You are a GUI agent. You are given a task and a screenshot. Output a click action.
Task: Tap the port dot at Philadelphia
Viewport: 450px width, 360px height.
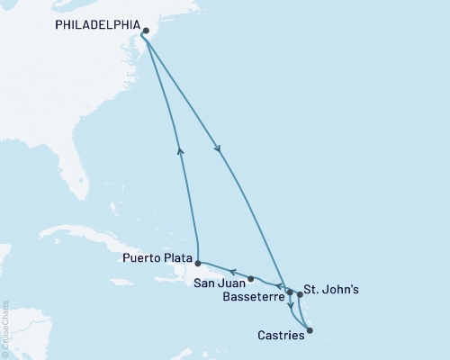point(145,30)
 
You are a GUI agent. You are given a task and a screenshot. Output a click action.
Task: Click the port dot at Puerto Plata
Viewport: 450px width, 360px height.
point(196,262)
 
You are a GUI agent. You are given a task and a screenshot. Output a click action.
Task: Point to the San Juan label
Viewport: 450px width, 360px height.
point(217,283)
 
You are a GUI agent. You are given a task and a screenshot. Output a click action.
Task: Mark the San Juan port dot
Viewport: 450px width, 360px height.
point(251,278)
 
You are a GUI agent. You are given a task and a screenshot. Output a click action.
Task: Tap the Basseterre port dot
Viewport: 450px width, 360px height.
point(289,291)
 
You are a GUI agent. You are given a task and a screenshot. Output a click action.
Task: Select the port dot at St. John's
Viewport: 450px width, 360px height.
point(300,294)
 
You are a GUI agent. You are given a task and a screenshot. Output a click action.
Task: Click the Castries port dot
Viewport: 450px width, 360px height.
point(310,330)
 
